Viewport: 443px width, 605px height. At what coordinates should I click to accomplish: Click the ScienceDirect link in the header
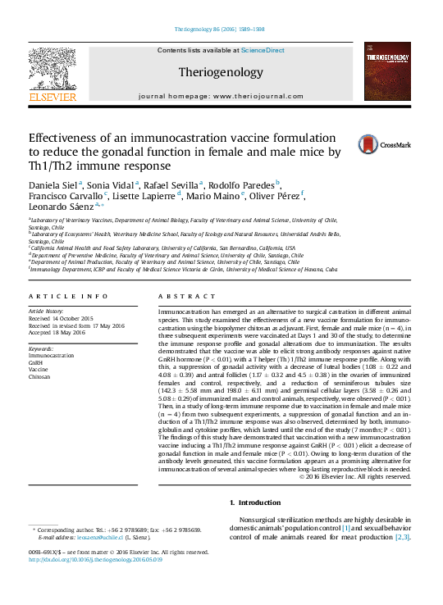click(263, 50)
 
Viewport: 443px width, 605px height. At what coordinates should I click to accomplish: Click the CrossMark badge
click(382, 145)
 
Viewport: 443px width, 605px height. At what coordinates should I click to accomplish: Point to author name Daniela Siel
click(53, 185)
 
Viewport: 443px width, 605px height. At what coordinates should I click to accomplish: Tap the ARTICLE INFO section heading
click(68, 296)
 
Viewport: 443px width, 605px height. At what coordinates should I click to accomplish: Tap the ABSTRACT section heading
click(175, 296)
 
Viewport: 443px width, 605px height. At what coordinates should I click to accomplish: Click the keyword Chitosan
click(39, 376)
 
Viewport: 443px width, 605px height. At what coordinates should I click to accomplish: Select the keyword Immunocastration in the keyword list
click(51, 357)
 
